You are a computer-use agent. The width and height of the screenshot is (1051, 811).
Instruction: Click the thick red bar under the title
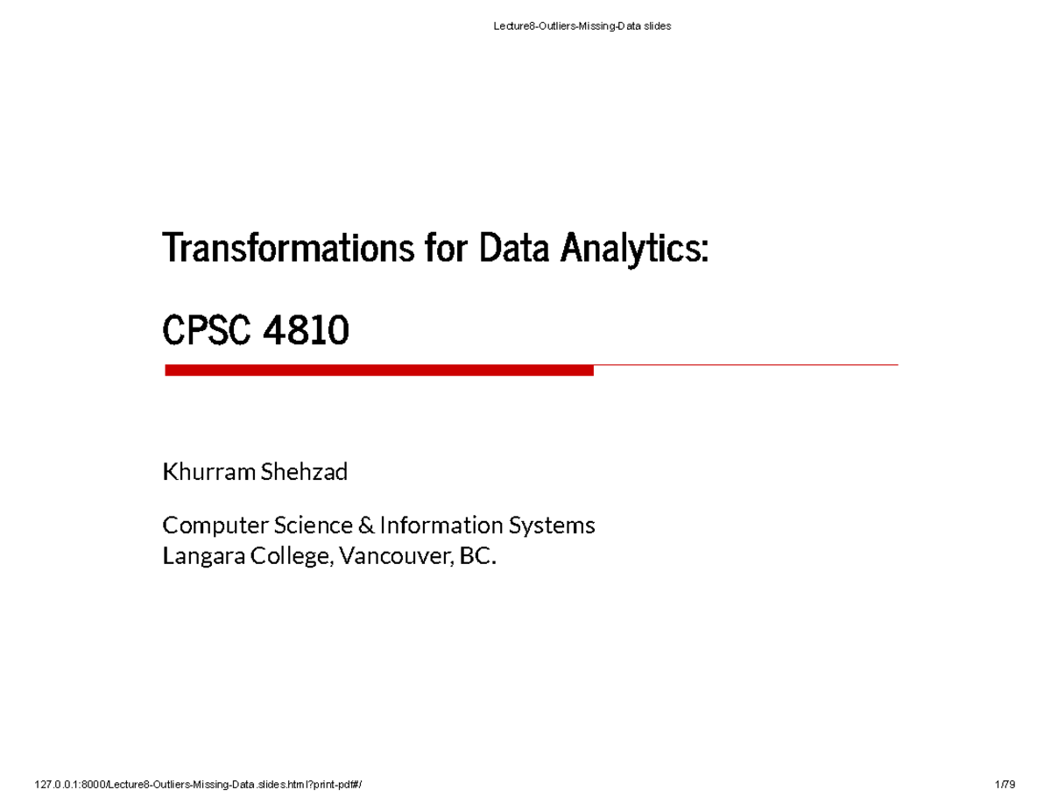(378, 371)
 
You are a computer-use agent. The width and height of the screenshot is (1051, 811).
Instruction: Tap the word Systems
(551, 525)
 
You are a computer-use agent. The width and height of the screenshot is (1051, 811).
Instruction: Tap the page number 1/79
(1005, 785)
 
